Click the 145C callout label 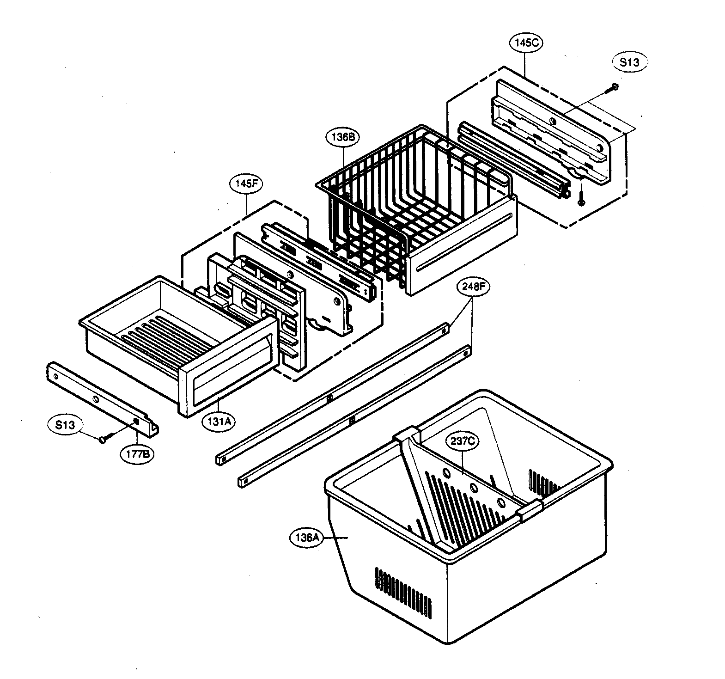526,43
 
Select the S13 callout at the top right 629,62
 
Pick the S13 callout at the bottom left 65,425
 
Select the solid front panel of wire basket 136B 462,245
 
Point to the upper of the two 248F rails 333,393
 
